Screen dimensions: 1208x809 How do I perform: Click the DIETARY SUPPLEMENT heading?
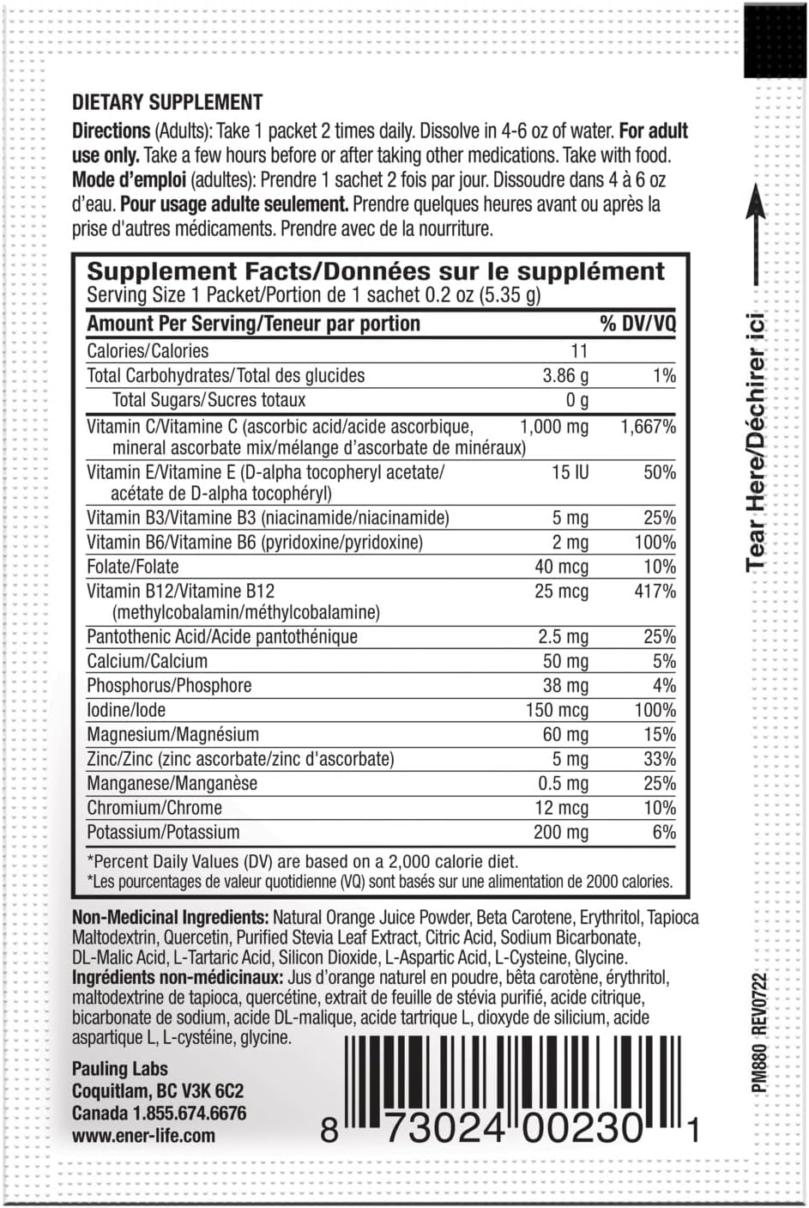pyautogui.click(x=167, y=102)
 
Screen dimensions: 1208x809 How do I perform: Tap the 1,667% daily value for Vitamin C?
pyautogui.click(x=648, y=427)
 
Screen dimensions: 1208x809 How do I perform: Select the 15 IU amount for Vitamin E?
pyautogui.click(x=570, y=472)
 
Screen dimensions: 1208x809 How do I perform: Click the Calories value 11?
pyautogui.click(x=579, y=350)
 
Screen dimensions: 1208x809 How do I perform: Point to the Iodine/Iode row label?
pyautogui.click(x=126, y=710)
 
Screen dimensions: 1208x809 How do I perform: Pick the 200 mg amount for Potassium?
pyautogui.click(x=559, y=832)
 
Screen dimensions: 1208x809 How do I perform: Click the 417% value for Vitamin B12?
pyautogui.click(x=655, y=591)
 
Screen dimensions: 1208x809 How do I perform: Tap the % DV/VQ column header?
pyautogui.click(x=637, y=323)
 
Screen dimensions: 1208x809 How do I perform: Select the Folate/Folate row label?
pyautogui.click(x=133, y=567)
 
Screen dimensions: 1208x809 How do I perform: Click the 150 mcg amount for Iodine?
pyautogui.click(x=557, y=710)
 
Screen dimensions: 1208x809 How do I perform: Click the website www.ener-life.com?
pyautogui.click(x=143, y=1136)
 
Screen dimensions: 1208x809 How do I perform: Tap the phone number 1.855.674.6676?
pyautogui.click(x=189, y=1114)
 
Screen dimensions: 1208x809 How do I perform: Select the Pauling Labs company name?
pyautogui.click(x=120, y=1069)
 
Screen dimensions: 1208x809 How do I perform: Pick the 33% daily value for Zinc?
pyautogui.click(x=659, y=759)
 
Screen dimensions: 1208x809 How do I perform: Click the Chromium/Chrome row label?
pyautogui.click(x=154, y=808)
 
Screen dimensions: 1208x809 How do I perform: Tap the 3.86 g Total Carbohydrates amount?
pyautogui.click(x=565, y=375)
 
